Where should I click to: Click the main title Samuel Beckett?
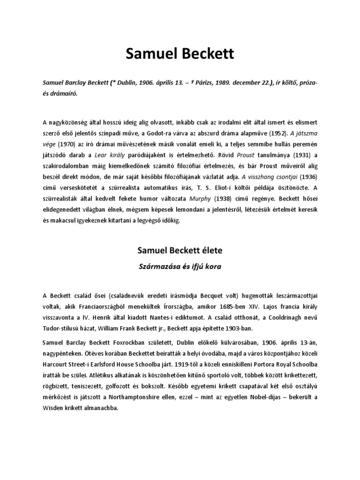pyautogui.click(x=180, y=55)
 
